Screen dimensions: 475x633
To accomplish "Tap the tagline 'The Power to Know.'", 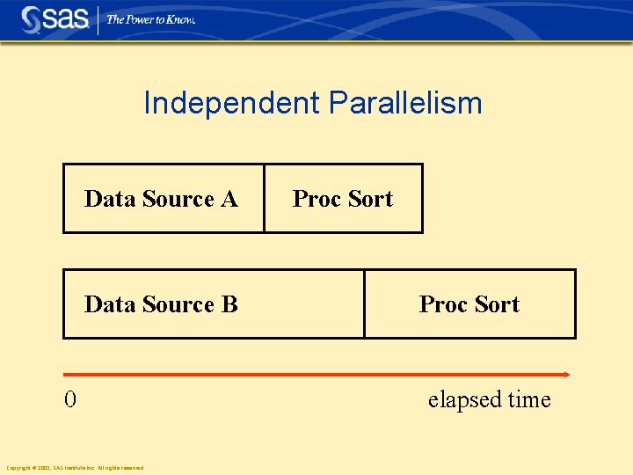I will click(150, 19).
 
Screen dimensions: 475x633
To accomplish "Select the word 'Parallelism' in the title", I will click(405, 103).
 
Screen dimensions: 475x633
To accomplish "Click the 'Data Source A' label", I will click(161, 199).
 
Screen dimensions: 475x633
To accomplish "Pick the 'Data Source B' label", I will click(161, 304).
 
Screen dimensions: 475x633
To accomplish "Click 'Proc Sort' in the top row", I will click(343, 199).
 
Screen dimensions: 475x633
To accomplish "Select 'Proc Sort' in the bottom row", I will click(469, 304).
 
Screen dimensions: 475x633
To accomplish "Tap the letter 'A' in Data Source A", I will click(229, 199).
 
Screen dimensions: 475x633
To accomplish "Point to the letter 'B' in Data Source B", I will click(230, 304).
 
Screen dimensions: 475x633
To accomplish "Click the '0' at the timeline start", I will click(70, 400).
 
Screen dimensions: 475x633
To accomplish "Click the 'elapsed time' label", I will click(489, 400).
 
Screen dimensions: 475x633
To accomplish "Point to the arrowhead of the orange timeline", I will click(566, 375).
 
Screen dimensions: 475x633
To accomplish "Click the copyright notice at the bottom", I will click(75, 467).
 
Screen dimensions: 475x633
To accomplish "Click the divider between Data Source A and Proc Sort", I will click(264, 199).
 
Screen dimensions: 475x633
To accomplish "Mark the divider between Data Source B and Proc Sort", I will click(364, 304).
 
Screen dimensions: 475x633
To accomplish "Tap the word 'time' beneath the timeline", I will click(528, 400).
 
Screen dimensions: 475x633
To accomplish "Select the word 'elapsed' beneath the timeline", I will click(464, 400).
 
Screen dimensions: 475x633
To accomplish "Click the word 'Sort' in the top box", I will click(371, 199).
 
